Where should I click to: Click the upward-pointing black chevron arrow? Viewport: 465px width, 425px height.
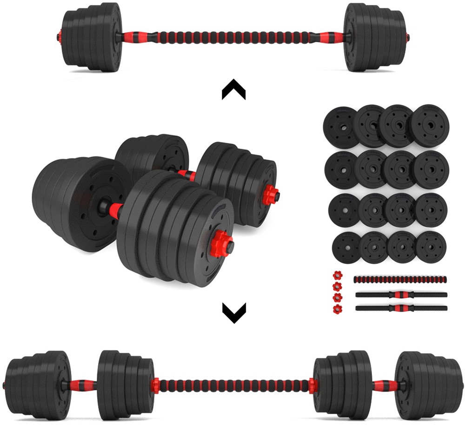point(233,89)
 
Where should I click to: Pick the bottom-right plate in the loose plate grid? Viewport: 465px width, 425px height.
point(431,246)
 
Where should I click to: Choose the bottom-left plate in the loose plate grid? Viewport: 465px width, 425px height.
point(346,246)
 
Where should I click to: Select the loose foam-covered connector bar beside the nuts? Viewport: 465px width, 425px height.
point(400,279)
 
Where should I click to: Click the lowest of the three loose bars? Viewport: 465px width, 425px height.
point(401,308)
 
